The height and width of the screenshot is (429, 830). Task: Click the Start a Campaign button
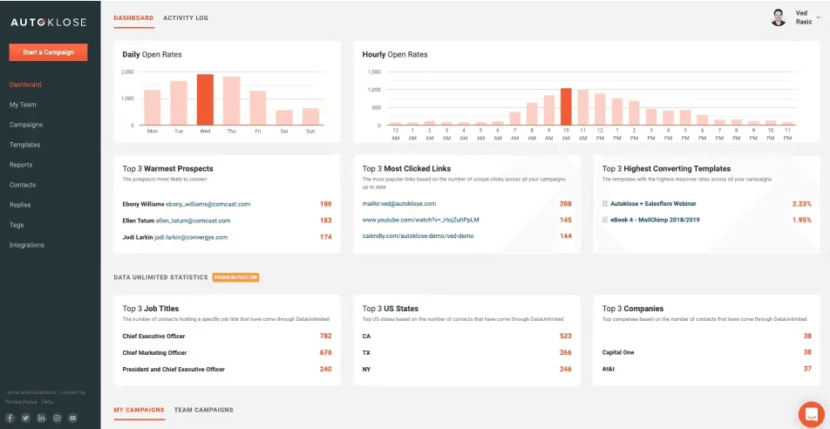[x=49, y=52]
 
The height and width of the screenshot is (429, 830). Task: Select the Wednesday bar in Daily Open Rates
[x=205, y=99]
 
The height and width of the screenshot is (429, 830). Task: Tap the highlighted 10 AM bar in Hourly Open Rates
[x=566, y=106]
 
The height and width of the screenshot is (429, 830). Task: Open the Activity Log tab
[x=186, y=17]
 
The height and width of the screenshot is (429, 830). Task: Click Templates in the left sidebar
[x=24, y=145]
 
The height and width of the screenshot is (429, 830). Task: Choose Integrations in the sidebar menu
[x=27, y=245]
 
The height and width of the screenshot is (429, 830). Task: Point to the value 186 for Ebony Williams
[x=325, y=204]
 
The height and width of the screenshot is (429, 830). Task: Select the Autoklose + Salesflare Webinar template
[x=647, y=204]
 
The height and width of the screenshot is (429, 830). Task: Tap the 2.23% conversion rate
[x=801, y=204]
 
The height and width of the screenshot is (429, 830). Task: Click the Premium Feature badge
[x=235, y=277]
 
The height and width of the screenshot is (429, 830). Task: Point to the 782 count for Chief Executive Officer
[x=325, y=336]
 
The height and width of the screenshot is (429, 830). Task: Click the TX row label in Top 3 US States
[x=366, y=352]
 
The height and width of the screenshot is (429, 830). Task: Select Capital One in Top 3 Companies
[x=617, y=352]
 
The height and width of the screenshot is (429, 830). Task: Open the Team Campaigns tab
[x=203, y=409]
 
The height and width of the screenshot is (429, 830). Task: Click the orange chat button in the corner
[x=811, y=413]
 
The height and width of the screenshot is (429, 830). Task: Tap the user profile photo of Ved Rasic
[x=779, y=17]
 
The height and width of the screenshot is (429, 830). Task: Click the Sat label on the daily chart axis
[x=283, y=132]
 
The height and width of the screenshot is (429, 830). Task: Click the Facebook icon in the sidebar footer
[x=10, y=419]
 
